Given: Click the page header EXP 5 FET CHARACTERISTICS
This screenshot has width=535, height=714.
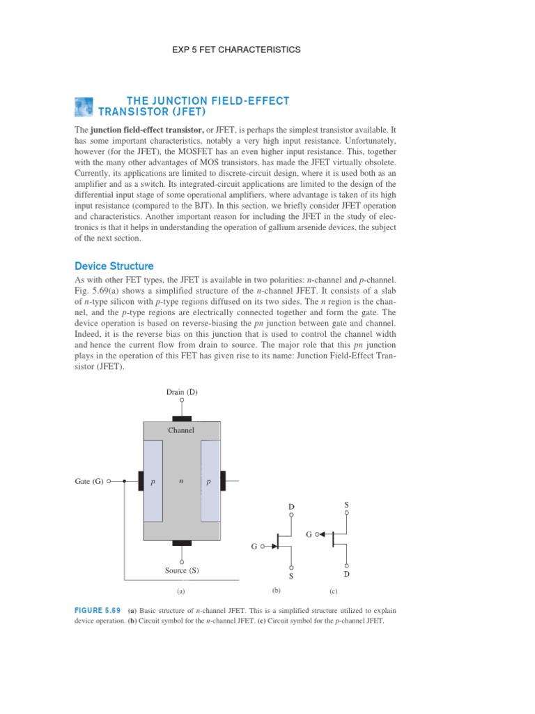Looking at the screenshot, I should pos(236,50).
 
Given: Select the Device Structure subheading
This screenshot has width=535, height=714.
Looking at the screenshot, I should pos(114,266).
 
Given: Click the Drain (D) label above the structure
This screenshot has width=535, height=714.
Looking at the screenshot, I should pos(182,392).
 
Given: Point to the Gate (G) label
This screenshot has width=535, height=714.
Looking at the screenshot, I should pos(89,481).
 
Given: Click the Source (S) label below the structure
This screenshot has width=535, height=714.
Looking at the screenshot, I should pos(182,570).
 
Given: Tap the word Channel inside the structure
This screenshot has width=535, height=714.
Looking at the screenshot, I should pos(181,430).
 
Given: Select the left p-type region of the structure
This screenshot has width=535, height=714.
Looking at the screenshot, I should pos(153,481).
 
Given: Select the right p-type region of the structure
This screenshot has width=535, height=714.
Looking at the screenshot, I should pos(210,481).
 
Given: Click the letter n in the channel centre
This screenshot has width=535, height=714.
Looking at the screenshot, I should pos(181,480).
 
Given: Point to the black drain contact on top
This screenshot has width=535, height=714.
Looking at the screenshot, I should pos(182,419).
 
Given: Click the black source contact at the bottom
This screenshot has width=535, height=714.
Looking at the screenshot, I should pos(182,542).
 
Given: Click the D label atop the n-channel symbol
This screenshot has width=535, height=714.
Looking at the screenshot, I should pos(291,506).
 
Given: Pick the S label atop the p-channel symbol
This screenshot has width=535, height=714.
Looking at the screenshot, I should pos(347,503).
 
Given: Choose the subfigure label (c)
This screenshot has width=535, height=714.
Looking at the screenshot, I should pos(333,591).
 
